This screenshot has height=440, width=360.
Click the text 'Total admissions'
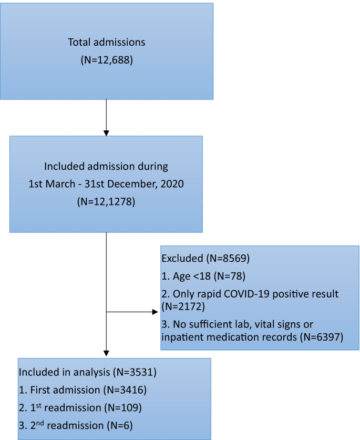(x=107, y=42)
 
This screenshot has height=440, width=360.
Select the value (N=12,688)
(x=107, y=60)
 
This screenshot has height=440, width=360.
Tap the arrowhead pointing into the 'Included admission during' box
(x=107, y=131)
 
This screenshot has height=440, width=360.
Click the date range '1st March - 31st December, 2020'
(x=106, y=184)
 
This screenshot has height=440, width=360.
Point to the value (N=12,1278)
(x=106, y=201)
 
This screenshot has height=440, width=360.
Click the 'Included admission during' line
(x=106, y=167)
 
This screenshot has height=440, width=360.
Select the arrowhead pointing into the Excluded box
(x=156, y=312)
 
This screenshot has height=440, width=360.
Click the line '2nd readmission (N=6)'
(x=77, y=424)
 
